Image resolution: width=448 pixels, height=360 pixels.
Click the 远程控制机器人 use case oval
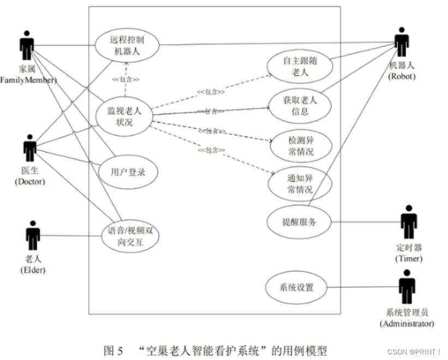127,45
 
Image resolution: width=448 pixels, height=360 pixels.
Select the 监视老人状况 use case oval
126,116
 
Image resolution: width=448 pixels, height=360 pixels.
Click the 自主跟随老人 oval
300,66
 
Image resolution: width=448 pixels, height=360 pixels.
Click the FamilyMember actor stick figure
26,47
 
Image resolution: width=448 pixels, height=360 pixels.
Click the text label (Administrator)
407,323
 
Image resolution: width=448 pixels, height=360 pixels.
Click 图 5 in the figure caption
114,350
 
